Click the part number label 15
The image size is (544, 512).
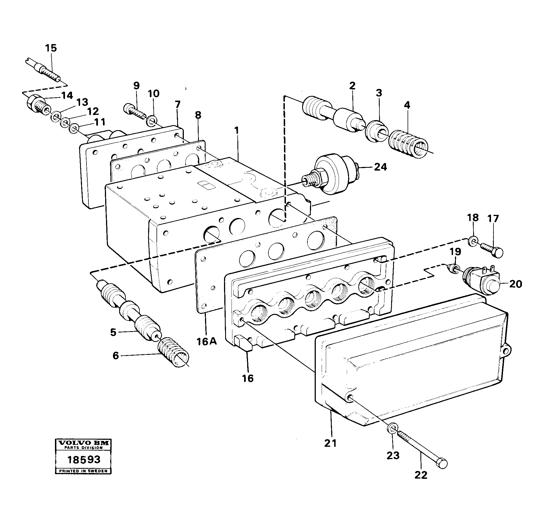[51, 48]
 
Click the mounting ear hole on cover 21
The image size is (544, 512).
[506, 348]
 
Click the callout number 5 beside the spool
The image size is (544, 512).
[113, 332]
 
